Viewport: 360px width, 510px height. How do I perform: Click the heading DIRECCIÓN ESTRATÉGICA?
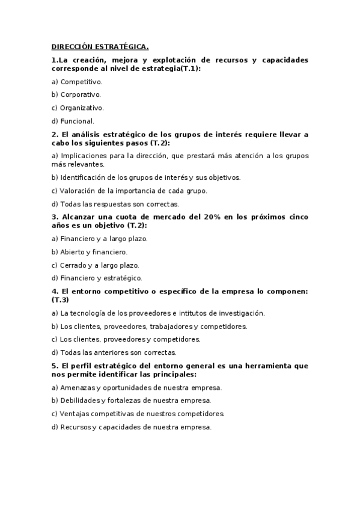(100, 46)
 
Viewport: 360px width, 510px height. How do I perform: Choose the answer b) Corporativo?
(76, 94)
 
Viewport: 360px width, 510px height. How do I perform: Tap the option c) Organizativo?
(78, 108)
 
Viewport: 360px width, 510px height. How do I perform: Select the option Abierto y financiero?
(90, 252)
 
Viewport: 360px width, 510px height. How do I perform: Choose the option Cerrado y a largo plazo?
(96, 265)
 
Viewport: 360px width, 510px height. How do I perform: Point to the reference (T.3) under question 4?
(61, 300)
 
